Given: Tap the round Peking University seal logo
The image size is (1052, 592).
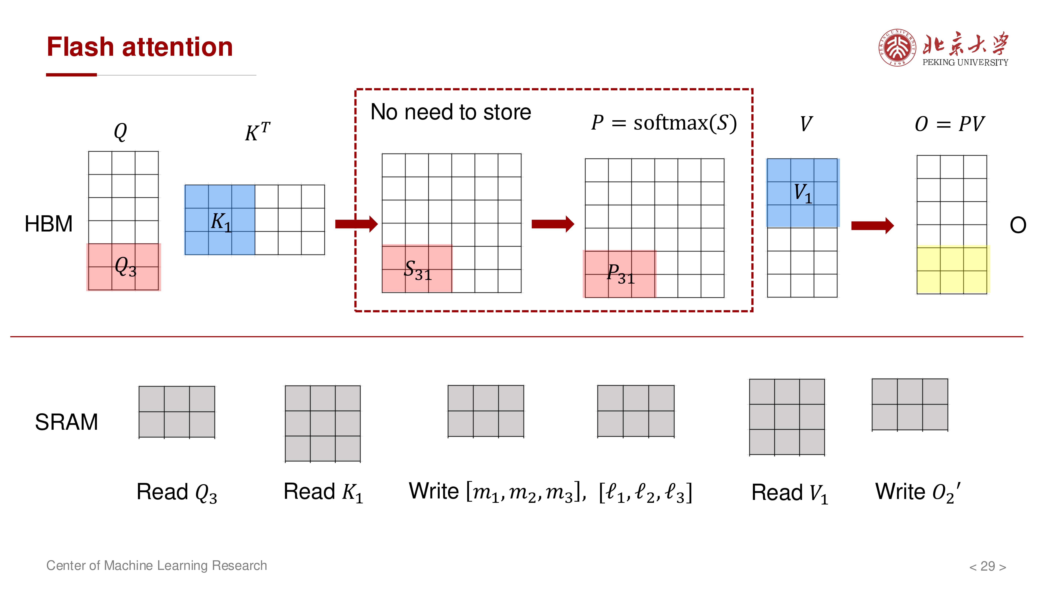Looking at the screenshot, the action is click(x=897, y=47).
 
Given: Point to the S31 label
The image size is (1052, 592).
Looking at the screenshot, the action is click(x=417, y=270).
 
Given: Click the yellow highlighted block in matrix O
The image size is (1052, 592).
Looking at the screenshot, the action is click(x=953, y=270).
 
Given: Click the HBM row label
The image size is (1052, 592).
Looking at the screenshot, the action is click(x=49, y=224).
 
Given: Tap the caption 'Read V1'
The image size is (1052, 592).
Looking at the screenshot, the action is click(x=790, y=493).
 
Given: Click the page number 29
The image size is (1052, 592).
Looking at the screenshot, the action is click(x=988, y=566).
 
